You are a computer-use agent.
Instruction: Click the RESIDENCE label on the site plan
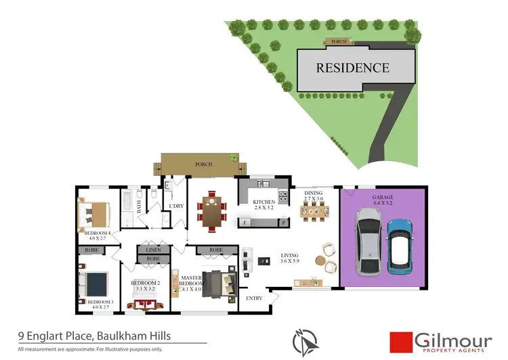coord(353,68)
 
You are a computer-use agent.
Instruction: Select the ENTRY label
coord(254,298)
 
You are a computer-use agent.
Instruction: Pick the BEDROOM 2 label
coord(144,286)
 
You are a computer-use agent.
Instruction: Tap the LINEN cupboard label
coord(153,250)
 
